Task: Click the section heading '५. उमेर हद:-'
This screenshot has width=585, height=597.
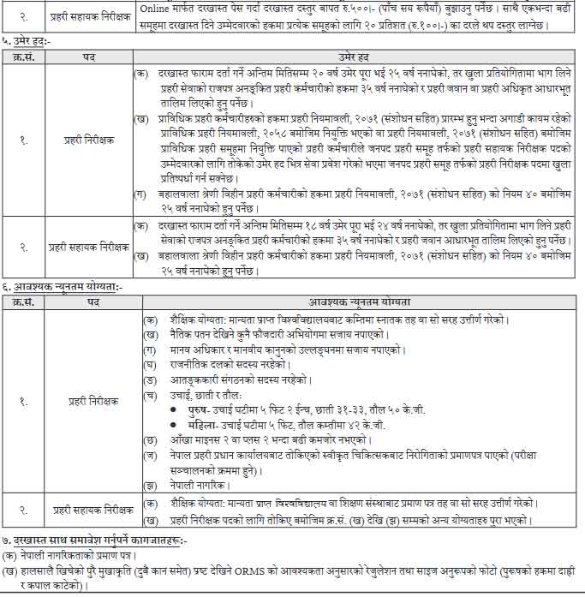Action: pyautogui.click(x=29, y=39)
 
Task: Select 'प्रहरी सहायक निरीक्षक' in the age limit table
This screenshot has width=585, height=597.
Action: pyautogui.click(x=90, y=247)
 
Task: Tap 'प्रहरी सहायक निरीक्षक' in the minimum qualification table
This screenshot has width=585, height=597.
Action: pyautogui.click(x=90, y=510)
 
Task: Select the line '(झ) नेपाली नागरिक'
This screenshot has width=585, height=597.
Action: pyautogui.click(x=185, y=484)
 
